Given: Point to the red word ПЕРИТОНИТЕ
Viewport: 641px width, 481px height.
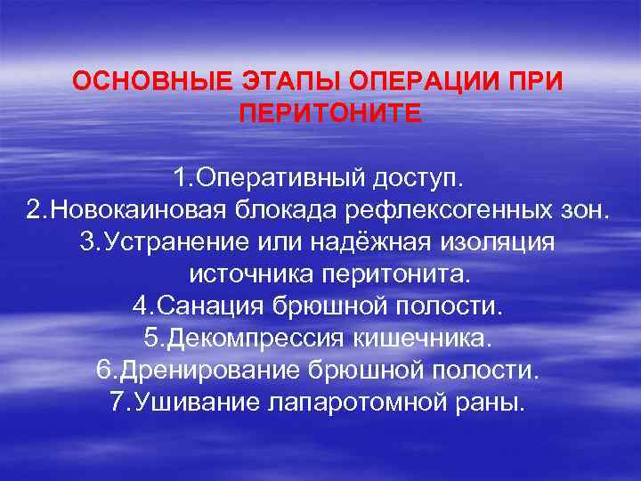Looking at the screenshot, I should tap(329, 114).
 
